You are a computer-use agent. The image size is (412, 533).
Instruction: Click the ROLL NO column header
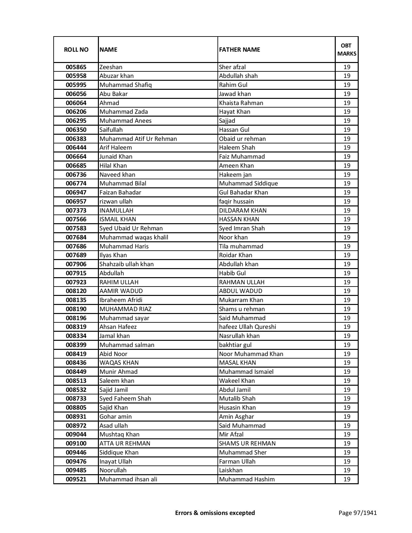pos(76,49)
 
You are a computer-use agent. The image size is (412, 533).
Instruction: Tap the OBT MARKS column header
pos(347,49)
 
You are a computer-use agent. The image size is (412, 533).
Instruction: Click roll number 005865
pos(76,67)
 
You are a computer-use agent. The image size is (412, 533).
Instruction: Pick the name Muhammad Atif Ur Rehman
pos(138,139)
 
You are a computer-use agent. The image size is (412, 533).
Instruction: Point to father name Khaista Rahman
pos(241,103)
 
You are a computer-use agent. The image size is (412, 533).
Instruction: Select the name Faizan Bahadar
pos(120,193)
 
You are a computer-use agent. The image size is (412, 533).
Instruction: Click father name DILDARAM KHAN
pos(243,211)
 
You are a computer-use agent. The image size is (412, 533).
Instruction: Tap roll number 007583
pos(76,228)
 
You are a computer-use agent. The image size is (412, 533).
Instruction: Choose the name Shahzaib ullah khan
pos(127,264)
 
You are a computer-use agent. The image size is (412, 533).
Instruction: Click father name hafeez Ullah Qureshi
pos(248,327)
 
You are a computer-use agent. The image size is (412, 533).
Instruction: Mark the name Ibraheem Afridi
pos(121,300)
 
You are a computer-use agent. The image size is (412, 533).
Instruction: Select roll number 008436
pos(76,363)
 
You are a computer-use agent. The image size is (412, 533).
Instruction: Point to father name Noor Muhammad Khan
pos(251,354)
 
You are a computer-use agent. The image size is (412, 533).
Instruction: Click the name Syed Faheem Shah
pos(125,399)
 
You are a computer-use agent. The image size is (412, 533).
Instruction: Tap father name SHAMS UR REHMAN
pos(247,444)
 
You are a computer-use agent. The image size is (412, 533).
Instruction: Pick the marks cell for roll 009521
pos(347,479)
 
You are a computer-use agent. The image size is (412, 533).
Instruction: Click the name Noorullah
pos(113,470)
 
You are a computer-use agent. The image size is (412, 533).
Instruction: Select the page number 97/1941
pos(357,513)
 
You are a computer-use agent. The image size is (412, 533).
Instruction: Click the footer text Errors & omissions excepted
pos(215,513)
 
